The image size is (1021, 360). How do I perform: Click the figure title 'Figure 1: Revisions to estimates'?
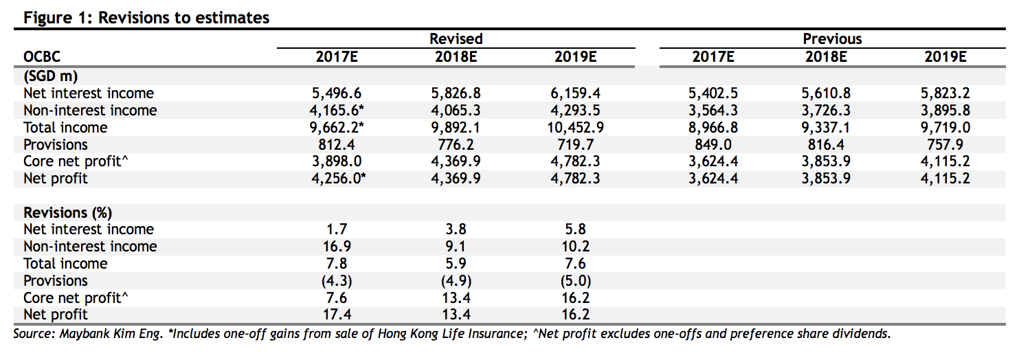(146, 18)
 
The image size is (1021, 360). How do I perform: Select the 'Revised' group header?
(456, 38)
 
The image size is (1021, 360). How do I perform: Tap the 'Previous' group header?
(832, 38)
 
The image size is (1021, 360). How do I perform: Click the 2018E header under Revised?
(456, 57)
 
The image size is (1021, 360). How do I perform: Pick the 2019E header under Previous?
(945, 57)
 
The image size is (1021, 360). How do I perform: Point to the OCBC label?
(42, 57)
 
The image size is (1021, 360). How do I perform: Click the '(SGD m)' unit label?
(51, 76)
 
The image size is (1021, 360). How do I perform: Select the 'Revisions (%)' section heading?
(68, 213)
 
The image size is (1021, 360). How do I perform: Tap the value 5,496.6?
(337, 93)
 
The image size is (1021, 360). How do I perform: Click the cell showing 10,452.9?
(575, 128)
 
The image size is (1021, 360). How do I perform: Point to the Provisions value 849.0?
(713, 145)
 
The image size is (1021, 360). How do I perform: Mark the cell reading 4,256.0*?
(338, 179)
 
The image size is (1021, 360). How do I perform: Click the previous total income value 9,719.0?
(945, 128)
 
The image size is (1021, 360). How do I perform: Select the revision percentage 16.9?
(337, 247)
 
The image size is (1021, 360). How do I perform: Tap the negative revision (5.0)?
(575, 281)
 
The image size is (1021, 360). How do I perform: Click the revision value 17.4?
(337, 315)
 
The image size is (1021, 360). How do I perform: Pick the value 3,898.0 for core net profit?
(337, 161)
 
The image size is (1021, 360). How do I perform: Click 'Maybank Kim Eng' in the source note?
(111, 334)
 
